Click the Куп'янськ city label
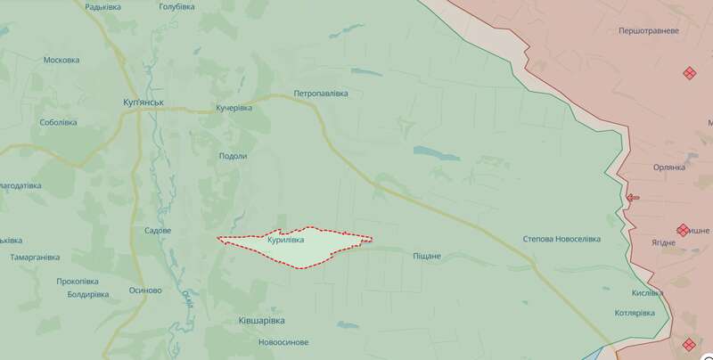143,102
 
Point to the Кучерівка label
234,108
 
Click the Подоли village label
233,156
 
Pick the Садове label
158,230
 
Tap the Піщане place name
426,257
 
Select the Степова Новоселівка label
561,239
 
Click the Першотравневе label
649,30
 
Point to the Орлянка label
668,167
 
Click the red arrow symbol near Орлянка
633,198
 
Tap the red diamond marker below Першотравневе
689,73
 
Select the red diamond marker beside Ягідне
683,230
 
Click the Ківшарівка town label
261,319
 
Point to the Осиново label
145,290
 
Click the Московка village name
61,61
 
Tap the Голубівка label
176,7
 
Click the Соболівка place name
59,123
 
